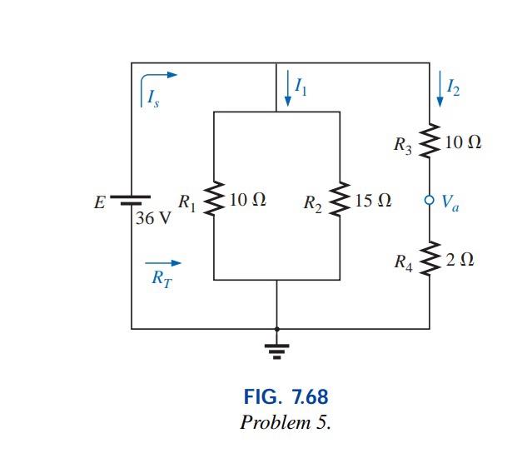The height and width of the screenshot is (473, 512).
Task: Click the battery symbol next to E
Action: click(132, 202)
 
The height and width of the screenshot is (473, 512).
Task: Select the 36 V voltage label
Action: click(153, 221)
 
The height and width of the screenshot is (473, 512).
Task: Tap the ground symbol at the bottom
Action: click(277, 348)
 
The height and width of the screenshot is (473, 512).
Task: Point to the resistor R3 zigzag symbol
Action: click(430, 142)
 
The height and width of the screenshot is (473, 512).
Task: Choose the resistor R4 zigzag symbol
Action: click(430, 260)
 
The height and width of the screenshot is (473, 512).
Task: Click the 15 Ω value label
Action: click(373, 201)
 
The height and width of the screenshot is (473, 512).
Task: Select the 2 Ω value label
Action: click(460, 260)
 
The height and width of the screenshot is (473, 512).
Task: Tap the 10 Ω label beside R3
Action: click(463, 142)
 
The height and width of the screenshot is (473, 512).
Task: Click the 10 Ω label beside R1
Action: click(247, 201)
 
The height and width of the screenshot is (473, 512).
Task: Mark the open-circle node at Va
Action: click(430, 201)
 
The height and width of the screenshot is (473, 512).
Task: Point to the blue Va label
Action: click(450, 202)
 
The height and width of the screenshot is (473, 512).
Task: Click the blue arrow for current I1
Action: click(288, 89)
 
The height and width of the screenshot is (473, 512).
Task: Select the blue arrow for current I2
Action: click(440, 89)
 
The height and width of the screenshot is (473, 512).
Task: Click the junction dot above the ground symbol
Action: click(277, 328)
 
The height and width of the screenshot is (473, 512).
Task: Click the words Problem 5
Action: click(285, 421)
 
